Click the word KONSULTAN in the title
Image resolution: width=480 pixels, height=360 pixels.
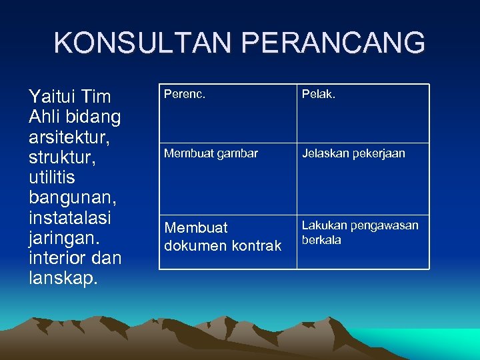coord(143,43)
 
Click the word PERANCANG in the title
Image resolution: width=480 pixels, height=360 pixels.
coord(333,43)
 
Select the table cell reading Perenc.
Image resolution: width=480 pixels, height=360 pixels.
coord(227,113)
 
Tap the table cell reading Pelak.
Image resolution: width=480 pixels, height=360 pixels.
coord(363,113)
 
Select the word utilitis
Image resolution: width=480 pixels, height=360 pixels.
coord(52,178)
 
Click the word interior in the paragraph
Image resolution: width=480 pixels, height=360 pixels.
coord(57,258)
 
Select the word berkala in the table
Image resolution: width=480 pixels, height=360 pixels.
coord(321,240)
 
